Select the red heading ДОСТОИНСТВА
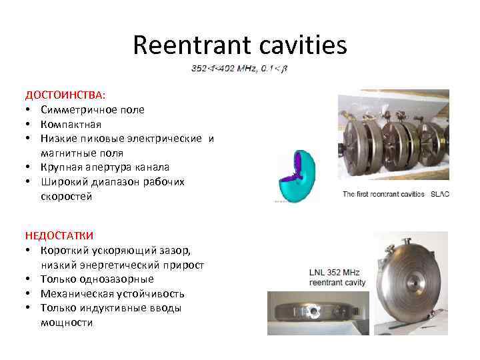click(x=61, y=95)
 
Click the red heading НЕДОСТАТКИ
click(x=59, y=235)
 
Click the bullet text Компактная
click(x=70, y=124)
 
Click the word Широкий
click(x=65, y=182)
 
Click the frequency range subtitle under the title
click(x=243, y=68)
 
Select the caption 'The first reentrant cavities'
click(x=383, y=194)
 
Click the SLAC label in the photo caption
click(x=440, y=194)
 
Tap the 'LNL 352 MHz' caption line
click(x=337, y=273)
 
